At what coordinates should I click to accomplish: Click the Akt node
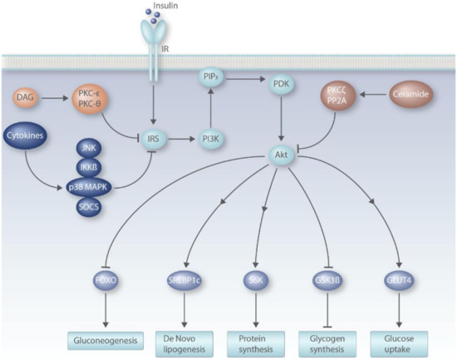click(279, 155)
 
